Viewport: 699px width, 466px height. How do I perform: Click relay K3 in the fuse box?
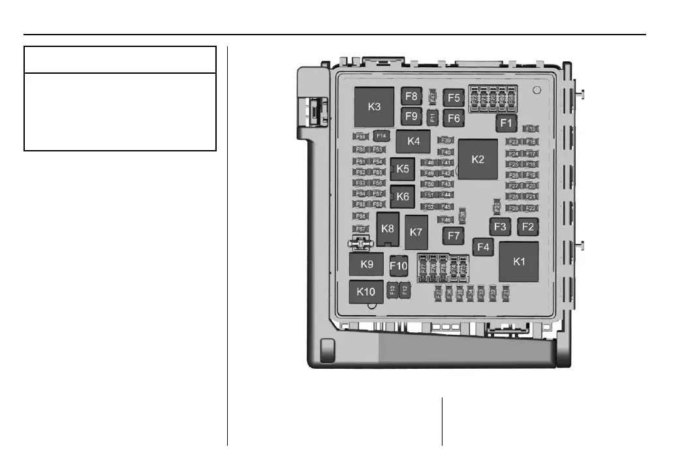tap(374, 106)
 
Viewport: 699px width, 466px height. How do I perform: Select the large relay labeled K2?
tap(478, 159)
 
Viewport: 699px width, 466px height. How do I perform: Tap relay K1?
tap(519, 262)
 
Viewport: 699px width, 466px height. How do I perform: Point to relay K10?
tap(366, 292)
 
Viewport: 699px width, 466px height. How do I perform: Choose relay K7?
tap(416, 232)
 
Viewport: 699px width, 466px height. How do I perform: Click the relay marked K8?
tap(388, 228)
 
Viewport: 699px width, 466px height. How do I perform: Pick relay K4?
tap(413, 140)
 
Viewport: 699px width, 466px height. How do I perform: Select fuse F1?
tap(506, 123)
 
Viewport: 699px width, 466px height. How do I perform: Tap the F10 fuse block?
tap(398, 266)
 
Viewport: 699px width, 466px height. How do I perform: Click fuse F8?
tap(411, 97)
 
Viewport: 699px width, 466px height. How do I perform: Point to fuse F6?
tap(454, 118)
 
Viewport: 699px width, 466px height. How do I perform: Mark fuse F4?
tap(483, 247)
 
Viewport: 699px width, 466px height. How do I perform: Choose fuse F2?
tap(527, 226)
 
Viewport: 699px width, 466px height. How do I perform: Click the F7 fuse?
tap(454, 235)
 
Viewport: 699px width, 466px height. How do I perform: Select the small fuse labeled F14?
tap(381, 136)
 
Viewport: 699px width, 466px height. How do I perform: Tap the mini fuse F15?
tap(530, 129)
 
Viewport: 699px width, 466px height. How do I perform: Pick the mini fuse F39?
tap(446, 140)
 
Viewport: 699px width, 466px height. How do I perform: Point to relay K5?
tap(403, 169)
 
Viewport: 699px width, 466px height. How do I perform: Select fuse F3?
tap(500, 226)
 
